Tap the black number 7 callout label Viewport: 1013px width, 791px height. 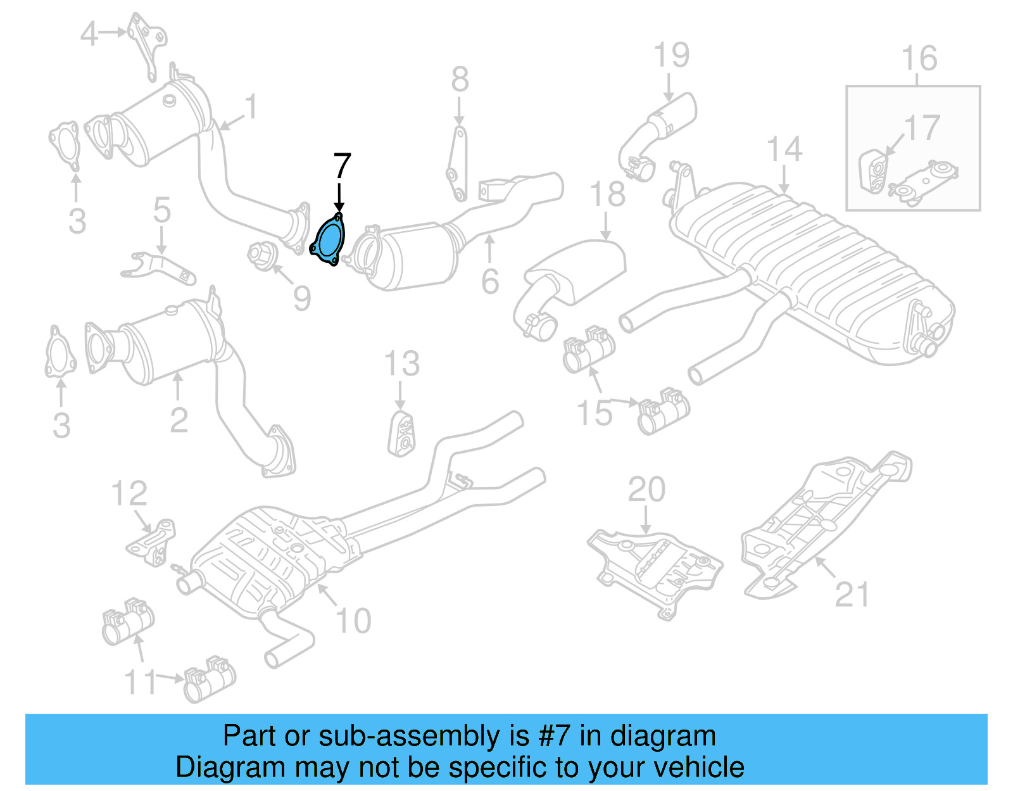pyautogui.click(x=341, y=167)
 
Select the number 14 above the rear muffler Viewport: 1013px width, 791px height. pyautogui.click(x=784, y=150)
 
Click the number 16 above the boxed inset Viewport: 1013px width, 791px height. pyautogui.click(x=919, y=59)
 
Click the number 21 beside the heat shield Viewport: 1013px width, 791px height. pyautogui.click(x=852, y=594)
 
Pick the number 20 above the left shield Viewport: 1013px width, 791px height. pyautogui.click(x=646, y=490)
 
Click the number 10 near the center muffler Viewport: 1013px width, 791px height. pyautogui.click(x=353, y=621)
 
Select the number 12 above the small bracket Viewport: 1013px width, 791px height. pyautogui.click(x=129, y=493)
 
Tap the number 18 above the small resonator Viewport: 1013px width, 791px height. pyautogui.click(x=607, y=194)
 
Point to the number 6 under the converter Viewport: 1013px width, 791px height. pyautogui.click(x=490, y=281)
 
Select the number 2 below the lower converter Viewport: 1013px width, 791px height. pyautogui.click(x=179, y=420)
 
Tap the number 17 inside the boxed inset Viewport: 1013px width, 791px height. pyautogui.click(x=921, y=129)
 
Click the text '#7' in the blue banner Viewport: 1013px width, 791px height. pyautogui.click(x=554, y=736)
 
